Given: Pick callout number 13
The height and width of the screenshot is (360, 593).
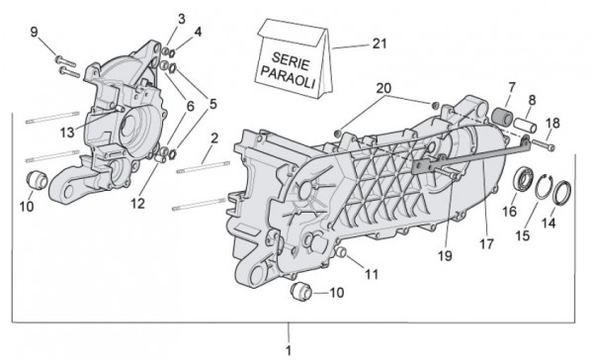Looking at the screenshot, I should point(67,131).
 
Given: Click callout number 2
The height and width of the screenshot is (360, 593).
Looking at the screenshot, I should point(214,137).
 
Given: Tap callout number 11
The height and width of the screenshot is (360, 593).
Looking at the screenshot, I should point(372,273).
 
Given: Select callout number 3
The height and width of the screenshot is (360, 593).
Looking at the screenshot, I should point(182,18).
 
